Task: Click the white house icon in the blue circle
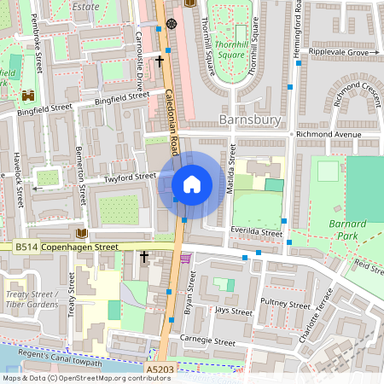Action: coord(192,184)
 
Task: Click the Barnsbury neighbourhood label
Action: coord(250,119)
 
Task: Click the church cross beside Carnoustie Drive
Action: coord(160,61)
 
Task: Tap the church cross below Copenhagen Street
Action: coord(144,256)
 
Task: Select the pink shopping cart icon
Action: coord(186,259)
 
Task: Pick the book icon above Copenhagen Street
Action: coord(82,233)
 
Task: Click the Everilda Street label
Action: coord(256,231)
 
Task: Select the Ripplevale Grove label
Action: coord(339,53)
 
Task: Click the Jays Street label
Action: coord(234,311)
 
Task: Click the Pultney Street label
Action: coord(286,304)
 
